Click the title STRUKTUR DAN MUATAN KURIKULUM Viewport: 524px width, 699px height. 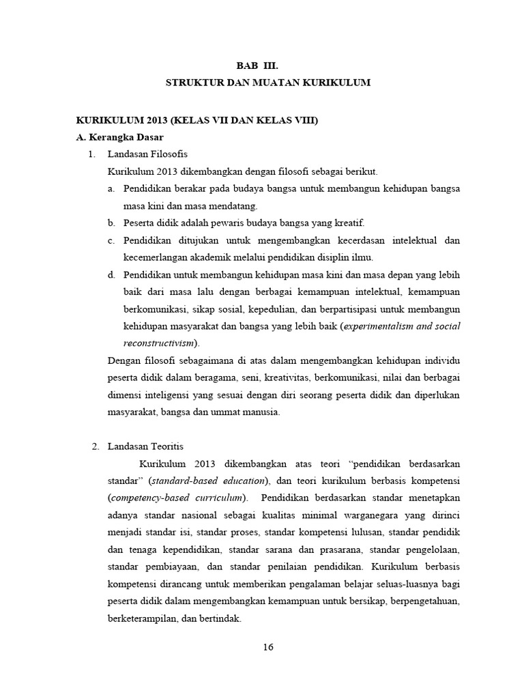[x=268, y=83]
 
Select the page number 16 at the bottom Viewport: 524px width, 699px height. [x=268, y=648]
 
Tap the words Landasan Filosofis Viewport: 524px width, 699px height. [x=148, y=154]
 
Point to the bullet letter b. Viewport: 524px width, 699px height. [x=111, y=223]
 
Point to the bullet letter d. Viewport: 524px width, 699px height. [x=111, y=275]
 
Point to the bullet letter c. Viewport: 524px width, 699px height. [x=111, y=240]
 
